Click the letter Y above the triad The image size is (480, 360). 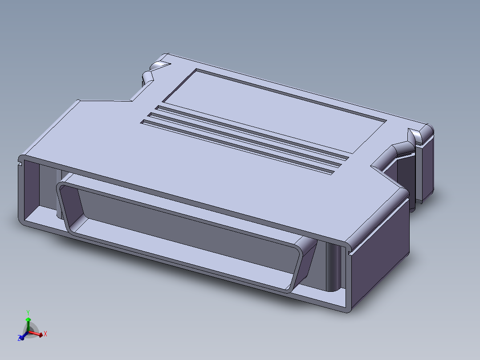(x=28, y=312)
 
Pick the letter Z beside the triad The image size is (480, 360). (x=20, y=339)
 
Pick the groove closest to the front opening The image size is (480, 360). (x=236, y=147)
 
